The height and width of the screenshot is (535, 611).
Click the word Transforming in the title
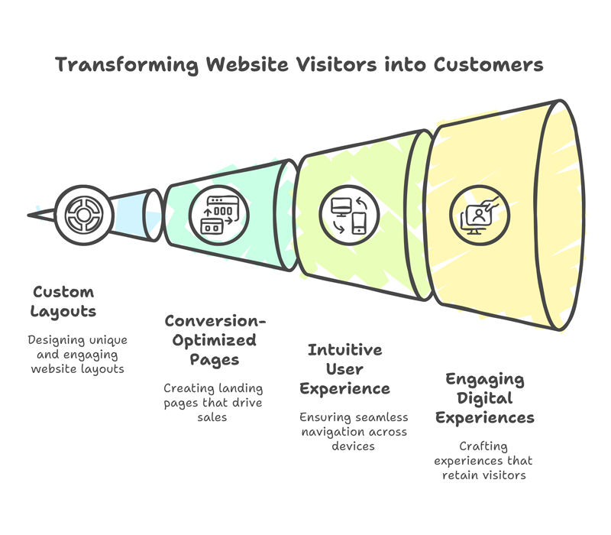127,65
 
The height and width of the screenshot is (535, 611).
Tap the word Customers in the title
488,64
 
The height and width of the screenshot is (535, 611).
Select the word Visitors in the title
337,64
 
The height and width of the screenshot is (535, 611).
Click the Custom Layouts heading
63,302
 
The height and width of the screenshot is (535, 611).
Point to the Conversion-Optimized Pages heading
215,340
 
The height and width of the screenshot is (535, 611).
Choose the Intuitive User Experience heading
345,369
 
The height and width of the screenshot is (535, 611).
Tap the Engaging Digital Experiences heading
485,398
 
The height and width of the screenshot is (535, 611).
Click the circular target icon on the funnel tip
84,215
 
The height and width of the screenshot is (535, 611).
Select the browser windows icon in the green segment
219,216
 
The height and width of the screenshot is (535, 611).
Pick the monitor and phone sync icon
349,216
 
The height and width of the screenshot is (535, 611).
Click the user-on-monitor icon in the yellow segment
480,216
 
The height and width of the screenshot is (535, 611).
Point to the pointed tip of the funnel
28,215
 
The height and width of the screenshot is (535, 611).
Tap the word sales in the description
212,417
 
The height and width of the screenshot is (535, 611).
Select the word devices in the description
353,446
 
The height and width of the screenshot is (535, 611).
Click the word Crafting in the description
483,446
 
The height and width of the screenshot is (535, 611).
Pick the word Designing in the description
56,340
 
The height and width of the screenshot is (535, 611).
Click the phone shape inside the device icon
359,223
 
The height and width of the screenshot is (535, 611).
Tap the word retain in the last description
459,475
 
